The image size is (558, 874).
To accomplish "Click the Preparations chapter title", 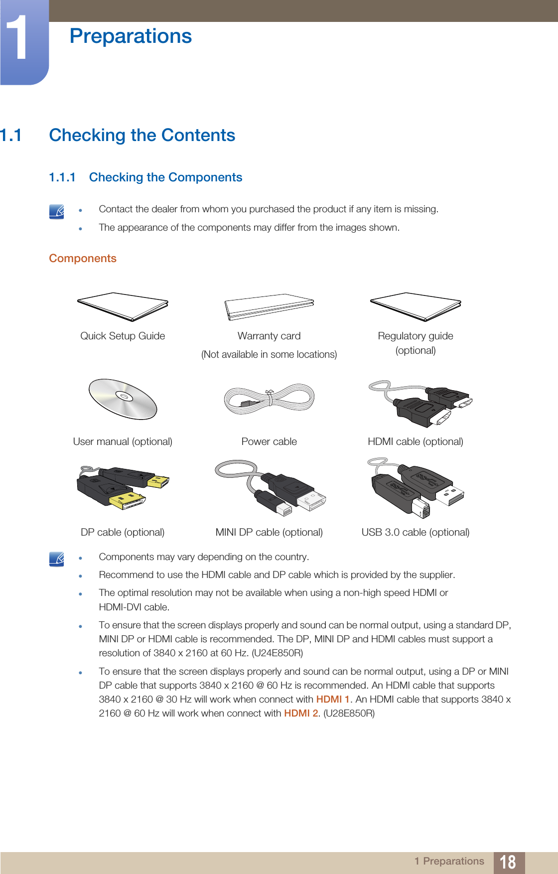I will tap(131, 36).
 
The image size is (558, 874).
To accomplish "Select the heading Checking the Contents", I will tap(142, 135).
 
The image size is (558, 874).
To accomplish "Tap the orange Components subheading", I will tap(83, 258).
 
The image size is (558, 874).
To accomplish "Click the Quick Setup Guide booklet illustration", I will tap(123, 306).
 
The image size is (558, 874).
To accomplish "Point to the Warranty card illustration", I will tap(269, 306).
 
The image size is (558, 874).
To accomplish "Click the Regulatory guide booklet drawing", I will tap(416, 306).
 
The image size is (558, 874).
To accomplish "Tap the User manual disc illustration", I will tap(123, 399).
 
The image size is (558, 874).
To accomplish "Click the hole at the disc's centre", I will tap(124, 397).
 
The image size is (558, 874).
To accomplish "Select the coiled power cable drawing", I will tap(269, 399).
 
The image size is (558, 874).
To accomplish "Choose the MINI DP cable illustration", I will tap(271, 487).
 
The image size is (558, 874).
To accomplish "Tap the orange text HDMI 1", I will tap(333, 699).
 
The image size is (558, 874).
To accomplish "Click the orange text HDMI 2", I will tap(301, 713).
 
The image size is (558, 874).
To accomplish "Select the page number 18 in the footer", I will tap(508, 862).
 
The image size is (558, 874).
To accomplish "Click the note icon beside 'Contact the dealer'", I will tap(57, 212).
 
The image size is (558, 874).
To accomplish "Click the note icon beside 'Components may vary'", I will tap(57, 559).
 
